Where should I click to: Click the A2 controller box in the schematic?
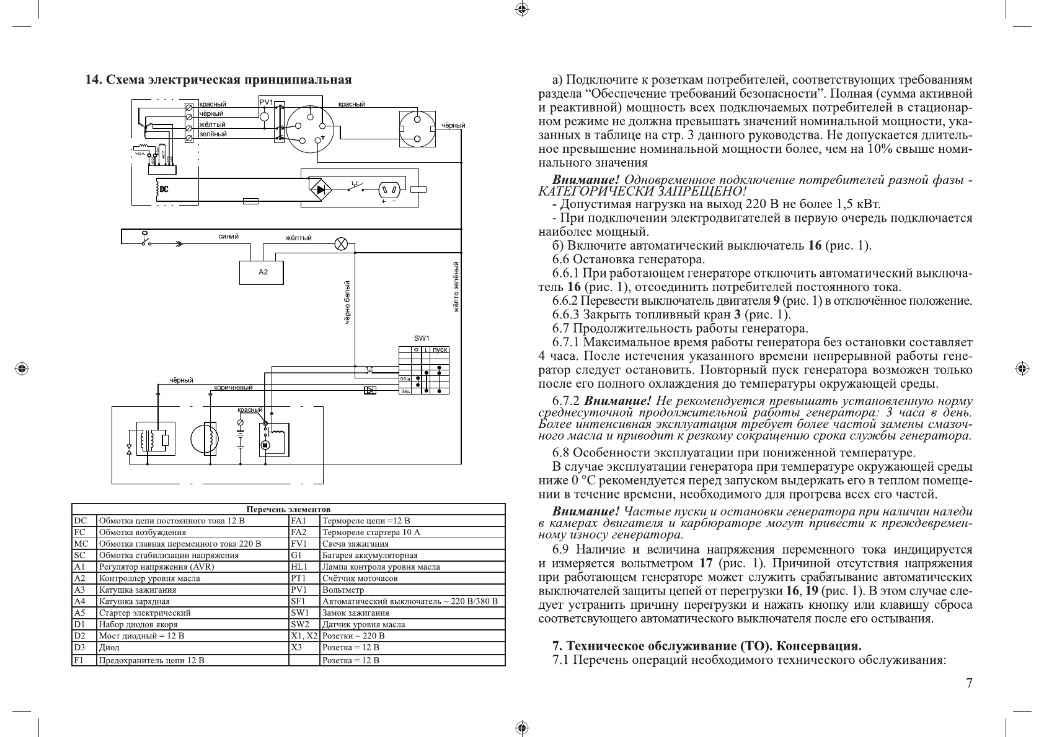(262, 273)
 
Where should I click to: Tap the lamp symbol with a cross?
(340, 243)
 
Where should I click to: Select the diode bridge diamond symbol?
(321, 190)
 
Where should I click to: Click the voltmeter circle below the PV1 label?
(264, 116)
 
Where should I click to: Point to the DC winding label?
(163, 190)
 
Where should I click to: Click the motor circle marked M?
(265, 445)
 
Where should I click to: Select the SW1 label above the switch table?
(422, 338)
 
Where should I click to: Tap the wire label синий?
(228, 237)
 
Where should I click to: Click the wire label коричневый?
(233, 388)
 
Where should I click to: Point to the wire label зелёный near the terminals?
(213, 134)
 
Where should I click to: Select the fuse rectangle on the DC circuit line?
(251, 201)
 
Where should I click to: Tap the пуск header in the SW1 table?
(440, 350)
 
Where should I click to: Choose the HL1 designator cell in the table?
(299, 567)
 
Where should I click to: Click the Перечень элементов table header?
(288, 508)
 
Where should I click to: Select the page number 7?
(969, 684)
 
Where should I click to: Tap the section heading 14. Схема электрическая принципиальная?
(218, 80)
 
